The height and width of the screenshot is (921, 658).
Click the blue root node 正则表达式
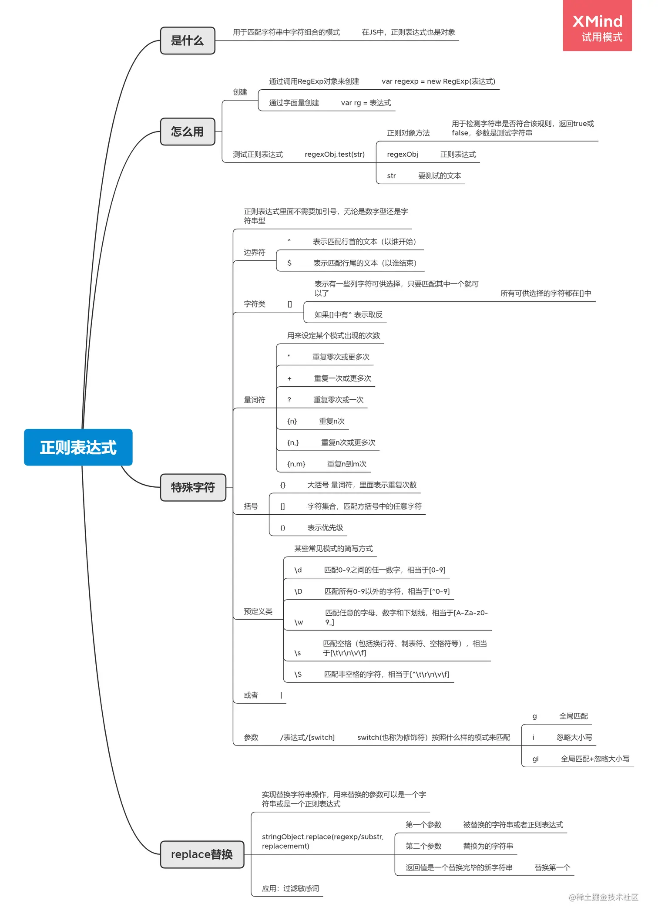pos(78,447)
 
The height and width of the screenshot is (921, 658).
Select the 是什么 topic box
pos(187,40)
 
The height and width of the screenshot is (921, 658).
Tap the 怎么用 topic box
pos(187,132)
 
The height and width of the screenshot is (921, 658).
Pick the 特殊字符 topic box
pos(193,487)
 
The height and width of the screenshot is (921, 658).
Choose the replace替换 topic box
pos(201,854)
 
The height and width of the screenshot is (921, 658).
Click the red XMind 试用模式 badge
pos(597,26)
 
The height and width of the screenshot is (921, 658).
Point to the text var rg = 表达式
pos(366,103)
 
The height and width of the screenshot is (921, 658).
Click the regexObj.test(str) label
pos(334,154)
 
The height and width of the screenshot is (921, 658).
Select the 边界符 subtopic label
pos(254,252)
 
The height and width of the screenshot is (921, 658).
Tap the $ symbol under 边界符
pos(289,263)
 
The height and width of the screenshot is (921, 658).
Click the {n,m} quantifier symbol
pos(296,464)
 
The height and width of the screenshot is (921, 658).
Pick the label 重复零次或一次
pos(338,399)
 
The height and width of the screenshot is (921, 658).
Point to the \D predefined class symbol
pos(298,591)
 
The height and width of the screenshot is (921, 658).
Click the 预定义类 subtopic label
pos(258,611)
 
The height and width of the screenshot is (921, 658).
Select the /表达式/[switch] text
pos(307,737)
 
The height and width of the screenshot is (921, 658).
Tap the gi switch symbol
pos(535,759)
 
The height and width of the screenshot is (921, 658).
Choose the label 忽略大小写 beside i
pos(574,737)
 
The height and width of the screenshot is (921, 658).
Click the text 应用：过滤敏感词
pos(290,888)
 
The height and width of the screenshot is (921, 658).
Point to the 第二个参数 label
pos(423,846)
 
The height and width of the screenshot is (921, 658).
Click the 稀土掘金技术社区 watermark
pos(603,897)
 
